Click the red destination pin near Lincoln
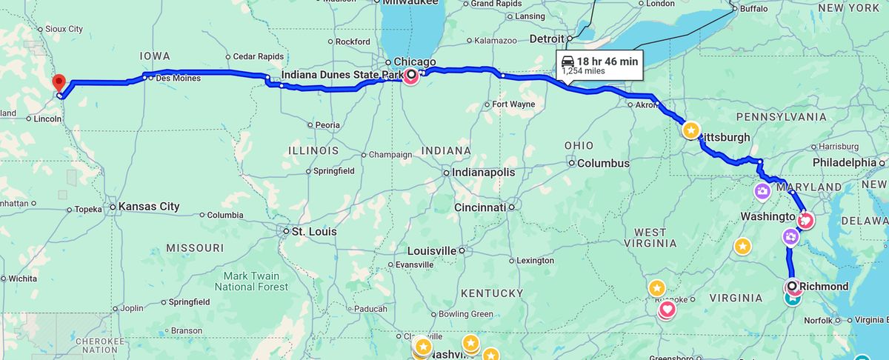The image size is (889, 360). (x=59, y=82)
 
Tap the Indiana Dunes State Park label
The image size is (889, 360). (x=342, y=75)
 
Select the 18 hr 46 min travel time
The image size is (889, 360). (x=607, y=61)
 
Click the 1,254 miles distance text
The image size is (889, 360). (x=583, y=72)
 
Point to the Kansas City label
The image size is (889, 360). (x=149, y=207)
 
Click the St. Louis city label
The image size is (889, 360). (x=314, y=232)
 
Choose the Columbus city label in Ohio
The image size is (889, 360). (x=603, y=163)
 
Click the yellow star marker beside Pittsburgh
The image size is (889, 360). (x=690, y=130)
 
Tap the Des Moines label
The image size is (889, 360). (x=175, y=79)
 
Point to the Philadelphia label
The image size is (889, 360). (x=843, y=162)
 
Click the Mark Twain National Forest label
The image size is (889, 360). (x=252, y=281)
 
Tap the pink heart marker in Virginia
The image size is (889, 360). (x=667, y=310)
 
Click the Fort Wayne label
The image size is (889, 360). (x=513, y=104)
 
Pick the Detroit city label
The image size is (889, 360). (x=547, y=39)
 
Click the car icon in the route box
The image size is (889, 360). (x=568, y=61)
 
